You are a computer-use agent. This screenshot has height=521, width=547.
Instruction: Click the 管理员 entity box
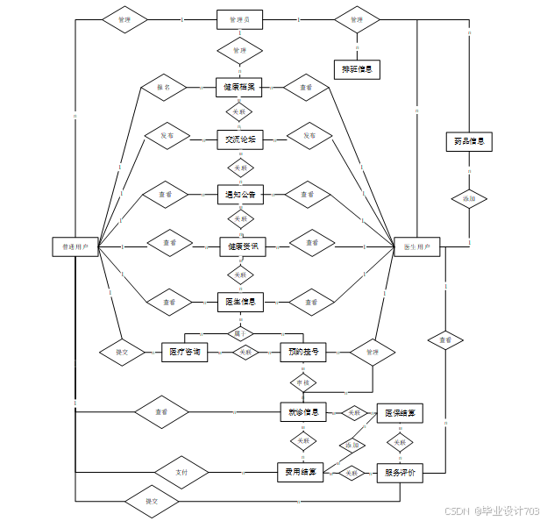[x=239, y=19]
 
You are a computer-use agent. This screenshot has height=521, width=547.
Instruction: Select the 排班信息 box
[x=357, y=69]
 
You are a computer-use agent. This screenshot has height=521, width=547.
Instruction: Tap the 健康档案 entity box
[x=239, y=88]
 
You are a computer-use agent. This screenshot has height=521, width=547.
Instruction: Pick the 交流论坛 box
[x=239, y=139]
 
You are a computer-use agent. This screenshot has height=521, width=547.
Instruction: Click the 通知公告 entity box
[x=239, y=194]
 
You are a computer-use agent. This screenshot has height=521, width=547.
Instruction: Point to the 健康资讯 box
[x=242, y=247]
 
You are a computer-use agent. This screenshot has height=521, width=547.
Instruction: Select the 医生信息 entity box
[x=239, y=302]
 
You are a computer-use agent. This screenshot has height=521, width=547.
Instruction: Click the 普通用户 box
[x=75, y=246]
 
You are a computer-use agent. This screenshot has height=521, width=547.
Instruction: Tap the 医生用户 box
[x=416, y=246]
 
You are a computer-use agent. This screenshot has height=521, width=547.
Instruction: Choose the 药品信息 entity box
[x=469, y=141]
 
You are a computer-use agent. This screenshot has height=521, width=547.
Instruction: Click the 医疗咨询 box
[x=184, y=353]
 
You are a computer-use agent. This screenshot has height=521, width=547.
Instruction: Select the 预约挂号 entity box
[x=302, y=353]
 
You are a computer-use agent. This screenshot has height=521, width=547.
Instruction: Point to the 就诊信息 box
[x=302, y=411]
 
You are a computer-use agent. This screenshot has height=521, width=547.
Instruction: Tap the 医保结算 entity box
[x=400, y=412]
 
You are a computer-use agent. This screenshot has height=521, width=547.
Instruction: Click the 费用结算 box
[x=301, y=473]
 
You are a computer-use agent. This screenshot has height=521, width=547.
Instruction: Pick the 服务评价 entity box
[x=400, y=473]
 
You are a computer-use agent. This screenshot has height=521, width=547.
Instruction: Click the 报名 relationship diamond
[x=164, y=88]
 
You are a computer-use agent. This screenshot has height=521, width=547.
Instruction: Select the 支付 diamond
[x=181, y=473]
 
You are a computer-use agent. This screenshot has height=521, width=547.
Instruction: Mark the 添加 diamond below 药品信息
[x=469, y=199]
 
